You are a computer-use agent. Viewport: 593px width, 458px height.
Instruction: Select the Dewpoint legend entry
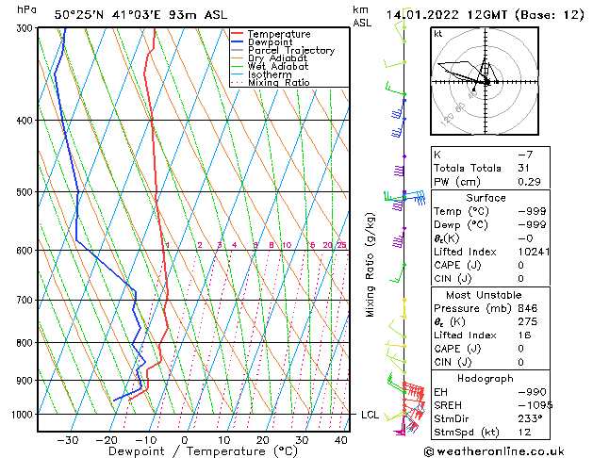[275, 42]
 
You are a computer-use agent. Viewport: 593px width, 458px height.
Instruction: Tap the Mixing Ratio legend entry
[278, 83]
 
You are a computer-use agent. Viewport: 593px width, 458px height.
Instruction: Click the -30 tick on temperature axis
[67, 440]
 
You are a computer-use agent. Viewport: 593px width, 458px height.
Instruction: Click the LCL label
[370, 415]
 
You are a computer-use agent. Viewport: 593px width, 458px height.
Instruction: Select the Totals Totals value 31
[524, 168]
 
